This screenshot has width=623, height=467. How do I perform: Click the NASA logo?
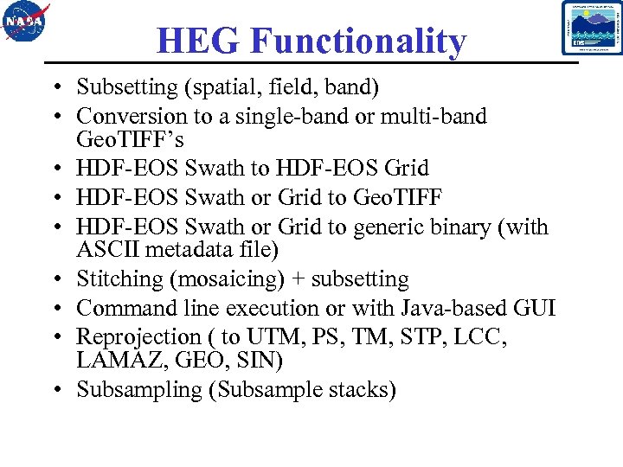tap(27, 23)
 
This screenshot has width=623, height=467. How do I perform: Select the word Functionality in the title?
tap(359, 41)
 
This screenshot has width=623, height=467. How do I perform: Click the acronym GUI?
tap(535, 308)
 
